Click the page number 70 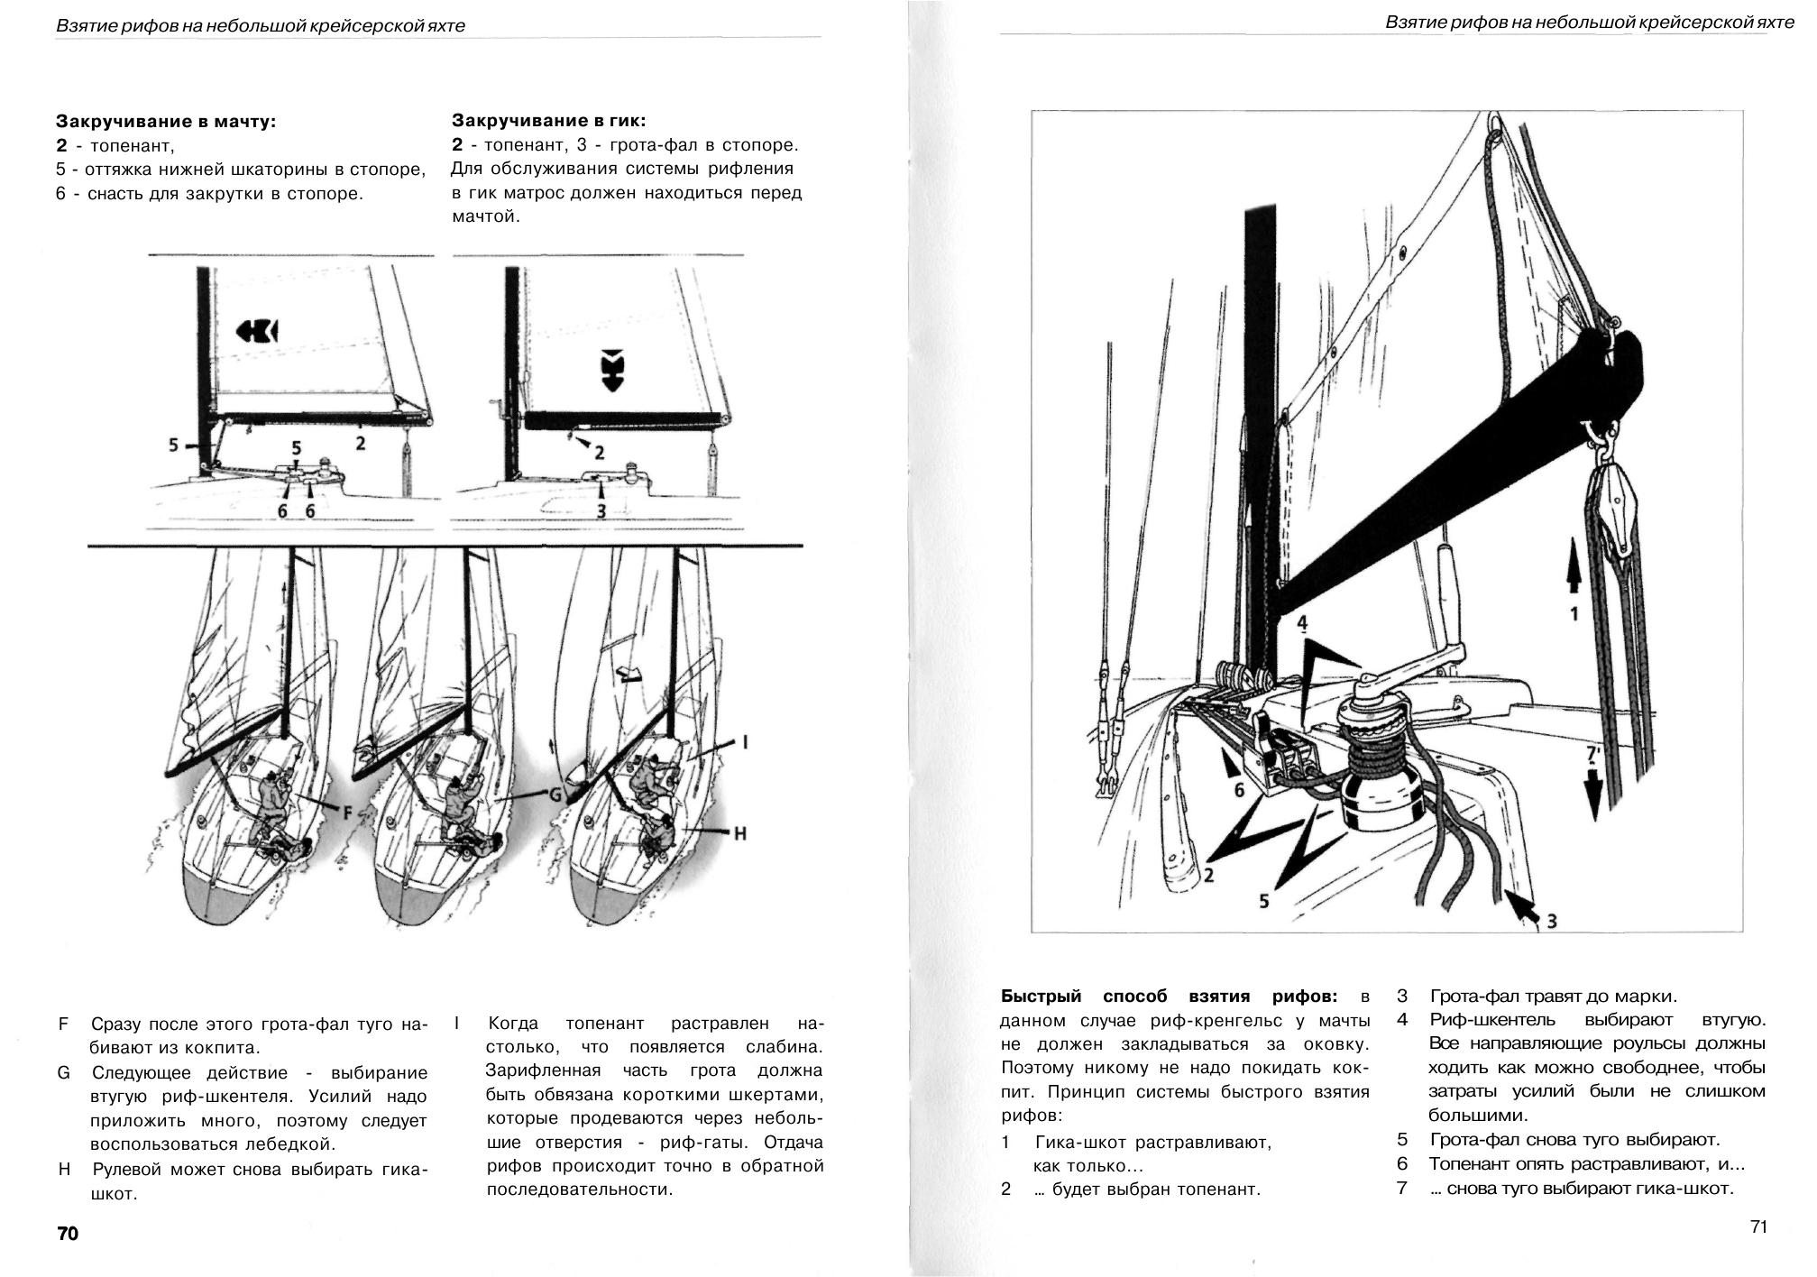point(68,1234)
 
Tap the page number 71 point(1757,1226)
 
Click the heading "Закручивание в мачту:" point(166,121)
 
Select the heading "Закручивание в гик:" point(548,121)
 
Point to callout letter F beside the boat point(347,813)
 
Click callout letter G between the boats point(555,795)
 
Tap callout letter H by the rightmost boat point(739,833)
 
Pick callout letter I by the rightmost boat point(745,742)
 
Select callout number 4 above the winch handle point(1302,622)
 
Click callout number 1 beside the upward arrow point(1574,614)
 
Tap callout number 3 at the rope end point(1551,921)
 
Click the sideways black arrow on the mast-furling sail point(258,332)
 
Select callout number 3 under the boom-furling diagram point(601,510)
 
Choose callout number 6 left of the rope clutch point(1239,790)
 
